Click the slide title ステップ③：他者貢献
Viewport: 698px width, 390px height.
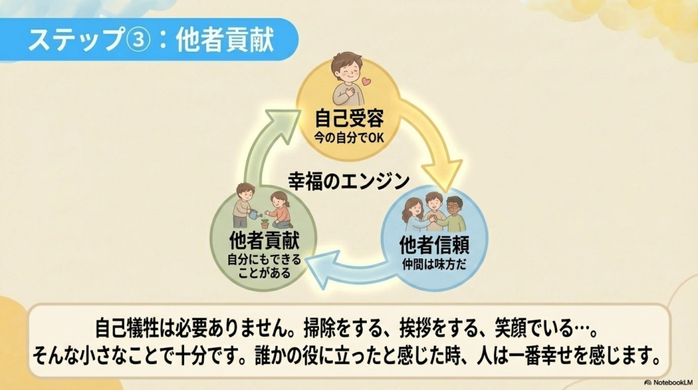(x=151, y=40)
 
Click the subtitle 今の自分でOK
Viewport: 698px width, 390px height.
(x=349, y=138)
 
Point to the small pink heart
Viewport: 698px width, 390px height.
(x=366, y=82)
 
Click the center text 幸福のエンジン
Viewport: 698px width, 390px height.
(x=349, y=181)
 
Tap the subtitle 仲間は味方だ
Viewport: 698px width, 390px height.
(x=434, y=264)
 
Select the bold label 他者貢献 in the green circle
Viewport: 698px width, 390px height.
(x=264, y=241)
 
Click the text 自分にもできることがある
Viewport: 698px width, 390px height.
(x=264, y=266)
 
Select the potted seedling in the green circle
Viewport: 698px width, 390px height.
(x=265, y=223)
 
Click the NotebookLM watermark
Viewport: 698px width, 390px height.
(x=669, y=382)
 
